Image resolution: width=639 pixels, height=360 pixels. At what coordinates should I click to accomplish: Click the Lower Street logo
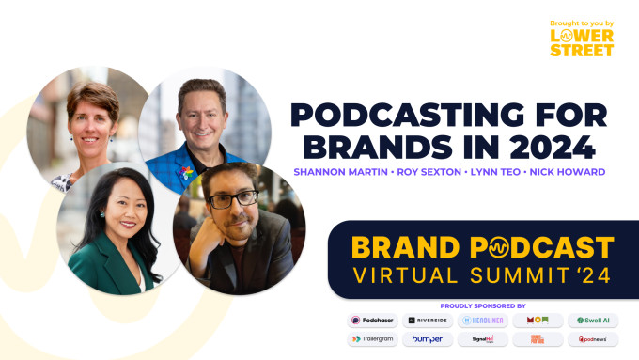pyautogui.click(x=582, y=38)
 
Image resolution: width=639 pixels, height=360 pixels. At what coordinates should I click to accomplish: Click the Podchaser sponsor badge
pyautogui.click(x=373, y=321)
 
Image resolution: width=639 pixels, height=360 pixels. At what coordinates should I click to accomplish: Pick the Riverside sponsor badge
pyautogui.click(x=428, y=321)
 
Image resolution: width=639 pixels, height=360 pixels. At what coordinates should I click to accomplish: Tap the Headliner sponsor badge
pyautogui.click(x=483, y=321)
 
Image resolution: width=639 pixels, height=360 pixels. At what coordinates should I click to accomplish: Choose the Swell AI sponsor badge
pyautogui.click(x=593, y=321)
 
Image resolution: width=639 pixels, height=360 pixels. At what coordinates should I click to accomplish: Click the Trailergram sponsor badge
pyautogui.click(x=373, y=339)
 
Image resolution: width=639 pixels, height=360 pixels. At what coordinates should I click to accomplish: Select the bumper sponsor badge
pyautogui.click(x=428, y=339)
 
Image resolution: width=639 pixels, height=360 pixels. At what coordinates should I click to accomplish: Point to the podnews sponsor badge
pyautogui.click(x=593, y=339)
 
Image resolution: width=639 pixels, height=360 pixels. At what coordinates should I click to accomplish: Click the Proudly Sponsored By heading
pyautogui.click(x=483, y=305)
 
